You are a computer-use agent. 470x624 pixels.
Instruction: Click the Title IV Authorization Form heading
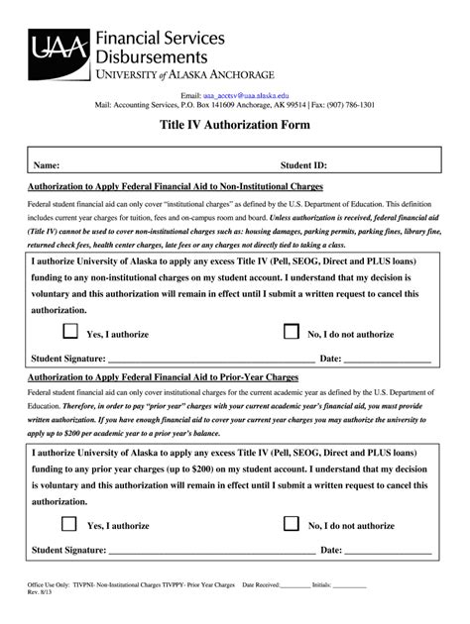pyautogui.click(x=235, y=126)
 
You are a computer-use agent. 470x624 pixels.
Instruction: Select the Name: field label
pyautogui.click(x=48, y=165)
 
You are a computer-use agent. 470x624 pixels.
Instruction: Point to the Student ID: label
pyautogui.click(x=303, y=165)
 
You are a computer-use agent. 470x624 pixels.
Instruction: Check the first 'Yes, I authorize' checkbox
pyautogui.click(x=70, y=332)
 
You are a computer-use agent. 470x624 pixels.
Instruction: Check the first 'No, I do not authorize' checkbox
pyautogui.click(x=292, y=332)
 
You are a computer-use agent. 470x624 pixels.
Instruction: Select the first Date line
pyautogui.click(x=387, y=359)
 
